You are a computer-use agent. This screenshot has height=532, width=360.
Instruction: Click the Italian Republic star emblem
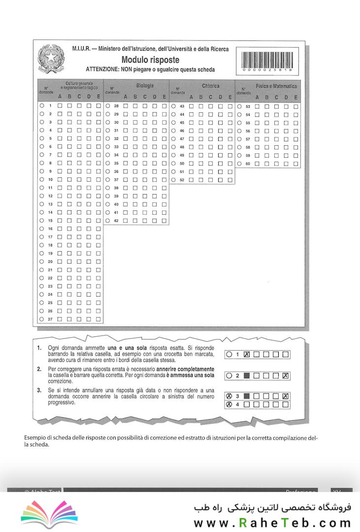point(51,60)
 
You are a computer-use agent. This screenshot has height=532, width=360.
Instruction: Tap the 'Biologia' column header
point(145,86)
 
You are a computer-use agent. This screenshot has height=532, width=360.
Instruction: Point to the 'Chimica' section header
point(210,86)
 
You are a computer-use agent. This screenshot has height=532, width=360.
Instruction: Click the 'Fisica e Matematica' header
point(276,86)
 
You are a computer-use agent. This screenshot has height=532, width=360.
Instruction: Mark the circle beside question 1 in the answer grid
point(42,106)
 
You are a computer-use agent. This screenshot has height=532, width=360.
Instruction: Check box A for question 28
point(126,106)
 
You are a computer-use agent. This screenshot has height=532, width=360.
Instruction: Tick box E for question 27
point(98,319)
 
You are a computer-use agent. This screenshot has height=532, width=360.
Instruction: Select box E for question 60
point(295,163)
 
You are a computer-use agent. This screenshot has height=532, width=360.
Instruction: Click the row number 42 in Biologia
point(116,221)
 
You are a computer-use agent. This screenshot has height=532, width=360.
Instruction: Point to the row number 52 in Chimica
point(182,180)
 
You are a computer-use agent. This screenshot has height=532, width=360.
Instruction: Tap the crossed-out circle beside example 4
point(229,405)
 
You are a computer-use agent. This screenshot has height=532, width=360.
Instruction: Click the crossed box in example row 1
point(247,355)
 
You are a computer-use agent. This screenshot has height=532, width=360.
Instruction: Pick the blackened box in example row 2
point(247,376)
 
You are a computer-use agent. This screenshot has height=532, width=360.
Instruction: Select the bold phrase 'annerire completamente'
point(185,369)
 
